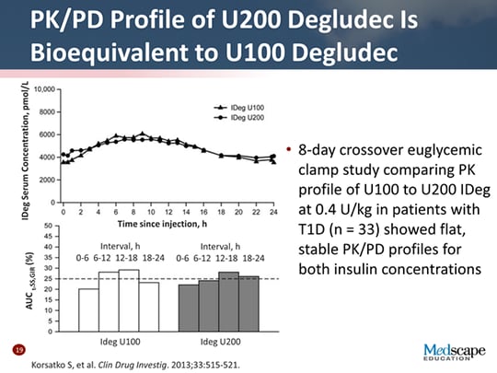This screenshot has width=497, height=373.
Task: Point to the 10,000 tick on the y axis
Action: [41, 89]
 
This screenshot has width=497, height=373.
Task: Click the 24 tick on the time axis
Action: [273, 212]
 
